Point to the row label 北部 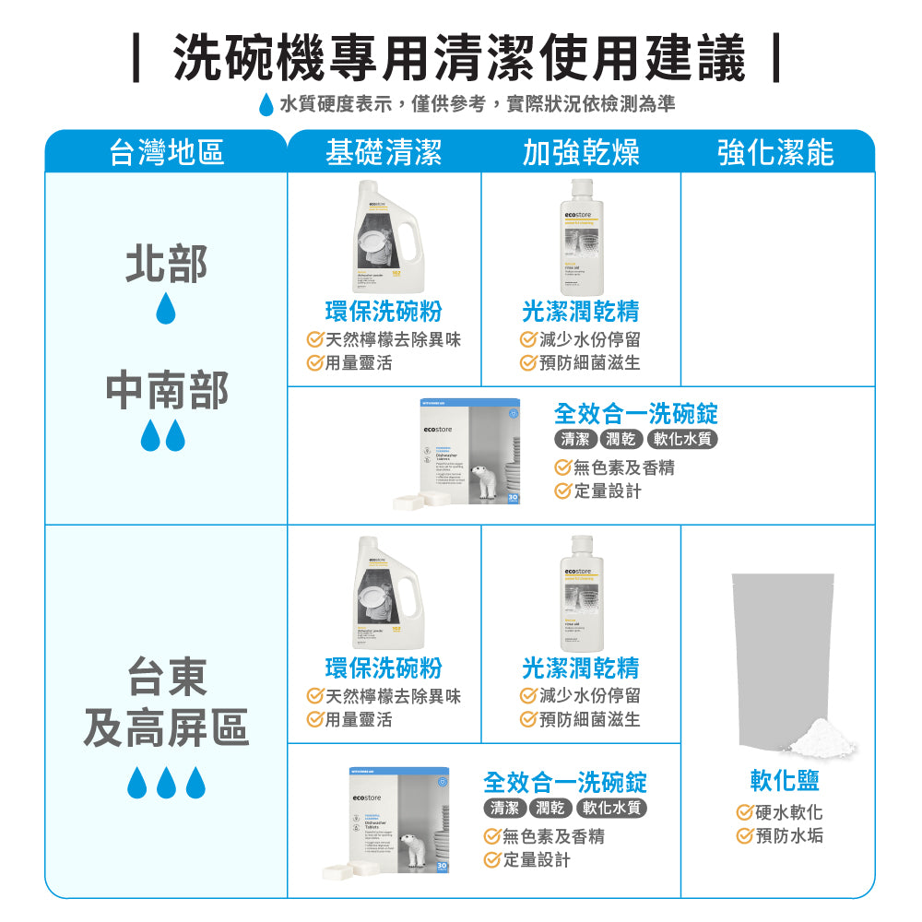[x=166, y=264]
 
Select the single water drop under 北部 [x=165, y=309]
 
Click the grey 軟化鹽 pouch [x=783, y=655]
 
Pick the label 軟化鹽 [x=785, y=782]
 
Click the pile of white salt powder [x=811, y=737]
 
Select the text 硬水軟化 [x=788, y=812]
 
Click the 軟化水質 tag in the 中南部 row [x=682, y=439]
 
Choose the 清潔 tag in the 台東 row [x=504, y=809]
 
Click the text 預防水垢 [x=788, y=836]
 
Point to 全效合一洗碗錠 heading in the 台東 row [x=565, y=782]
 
